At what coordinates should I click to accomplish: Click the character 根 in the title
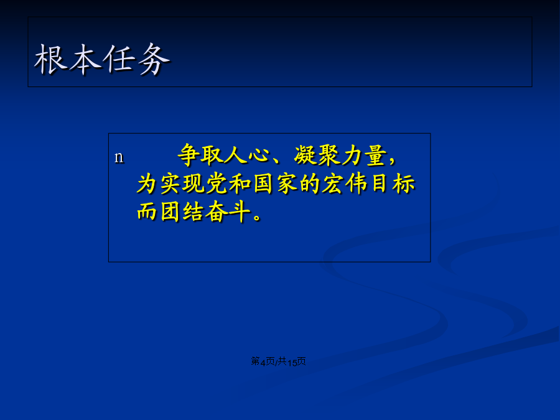tap(50, 59)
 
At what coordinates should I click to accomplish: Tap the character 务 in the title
tap(154, 59)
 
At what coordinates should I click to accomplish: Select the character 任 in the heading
tap(119, 59)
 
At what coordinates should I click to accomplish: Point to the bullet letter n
tap(119, 157)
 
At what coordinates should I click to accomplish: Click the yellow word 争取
tap(200, 156)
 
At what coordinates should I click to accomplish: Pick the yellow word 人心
tap(247, 156)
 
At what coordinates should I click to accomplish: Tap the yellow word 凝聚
tap(317, 156)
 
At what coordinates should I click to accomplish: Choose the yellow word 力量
tap(364, 156)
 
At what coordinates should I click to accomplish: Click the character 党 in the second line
tap(217, 184)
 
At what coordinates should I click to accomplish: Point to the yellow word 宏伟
tap(345, 184)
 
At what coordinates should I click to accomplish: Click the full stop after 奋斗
tap(257, 217)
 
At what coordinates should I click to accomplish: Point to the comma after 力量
tap(392, 161)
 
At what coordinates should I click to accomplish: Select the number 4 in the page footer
tap(263, 363)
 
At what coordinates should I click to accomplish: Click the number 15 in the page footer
tap(292, 363)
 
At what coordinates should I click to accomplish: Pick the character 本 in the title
tap(85, 59)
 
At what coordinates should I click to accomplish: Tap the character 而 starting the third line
tap(147, 212)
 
